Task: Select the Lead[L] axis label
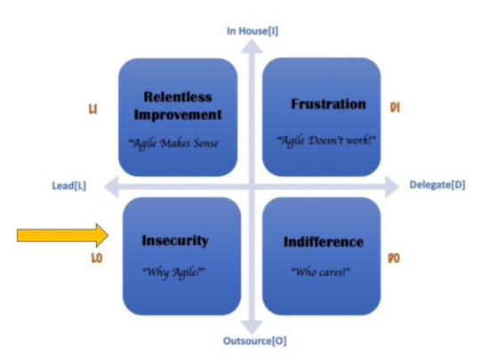69,187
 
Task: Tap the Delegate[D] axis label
437,186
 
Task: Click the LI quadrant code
92,108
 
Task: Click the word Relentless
177,96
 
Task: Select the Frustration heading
328,105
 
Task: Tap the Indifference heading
323,242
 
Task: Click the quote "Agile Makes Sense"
177,141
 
